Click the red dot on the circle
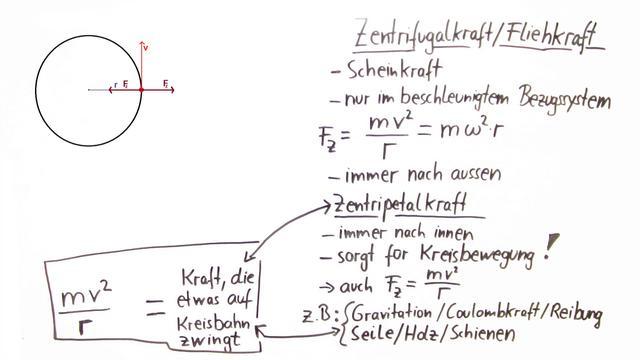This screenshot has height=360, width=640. (x=142, y=90)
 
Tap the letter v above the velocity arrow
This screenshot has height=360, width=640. (x=146, y=47)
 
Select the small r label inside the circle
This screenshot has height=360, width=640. (x=116, y=85)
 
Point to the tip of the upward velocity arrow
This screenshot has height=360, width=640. (x=142, y=43)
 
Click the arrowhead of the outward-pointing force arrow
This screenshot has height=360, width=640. (x=175, y=90)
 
